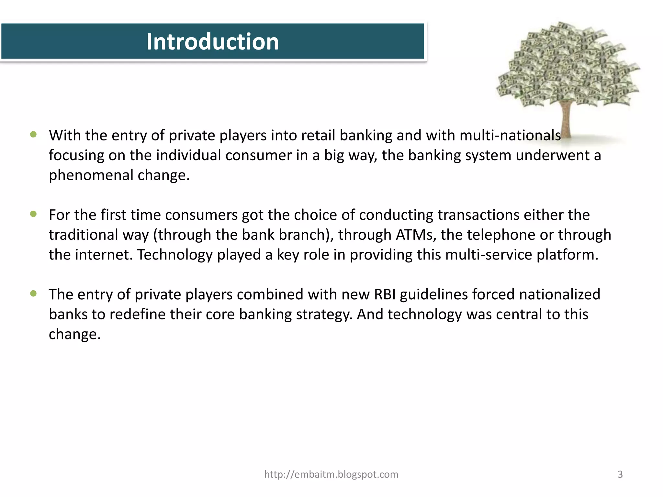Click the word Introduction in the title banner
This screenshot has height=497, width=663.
pos(212,42)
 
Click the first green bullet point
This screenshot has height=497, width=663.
pos(33,134)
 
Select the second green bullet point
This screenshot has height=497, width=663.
pos(33,214)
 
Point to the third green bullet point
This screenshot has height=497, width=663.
pos(33,293)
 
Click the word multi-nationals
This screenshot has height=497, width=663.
pos(510,135)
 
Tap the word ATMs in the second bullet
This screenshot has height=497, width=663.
pos(416,235)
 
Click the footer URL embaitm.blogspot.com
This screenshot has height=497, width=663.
pos(331,474)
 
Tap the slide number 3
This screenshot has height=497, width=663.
pos(620,474)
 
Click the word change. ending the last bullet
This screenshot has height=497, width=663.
pos(75,334)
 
